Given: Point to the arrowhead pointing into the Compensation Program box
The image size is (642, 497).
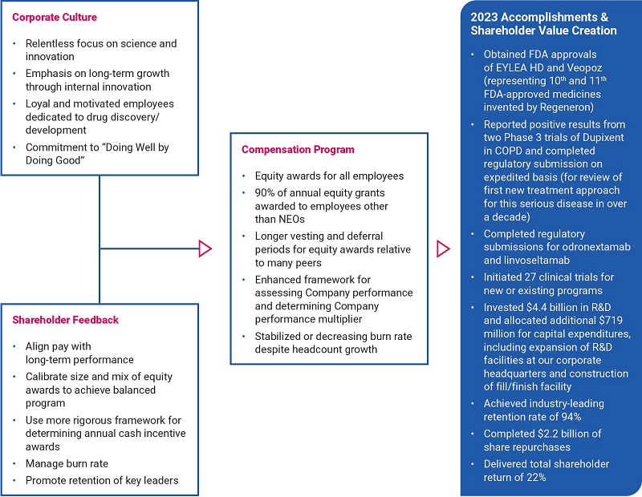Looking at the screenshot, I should [x=205, y=248].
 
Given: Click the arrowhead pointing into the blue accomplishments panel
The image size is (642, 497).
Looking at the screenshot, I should [x=443, y=248].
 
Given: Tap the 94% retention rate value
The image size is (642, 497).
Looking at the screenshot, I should [x=567, y=416].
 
